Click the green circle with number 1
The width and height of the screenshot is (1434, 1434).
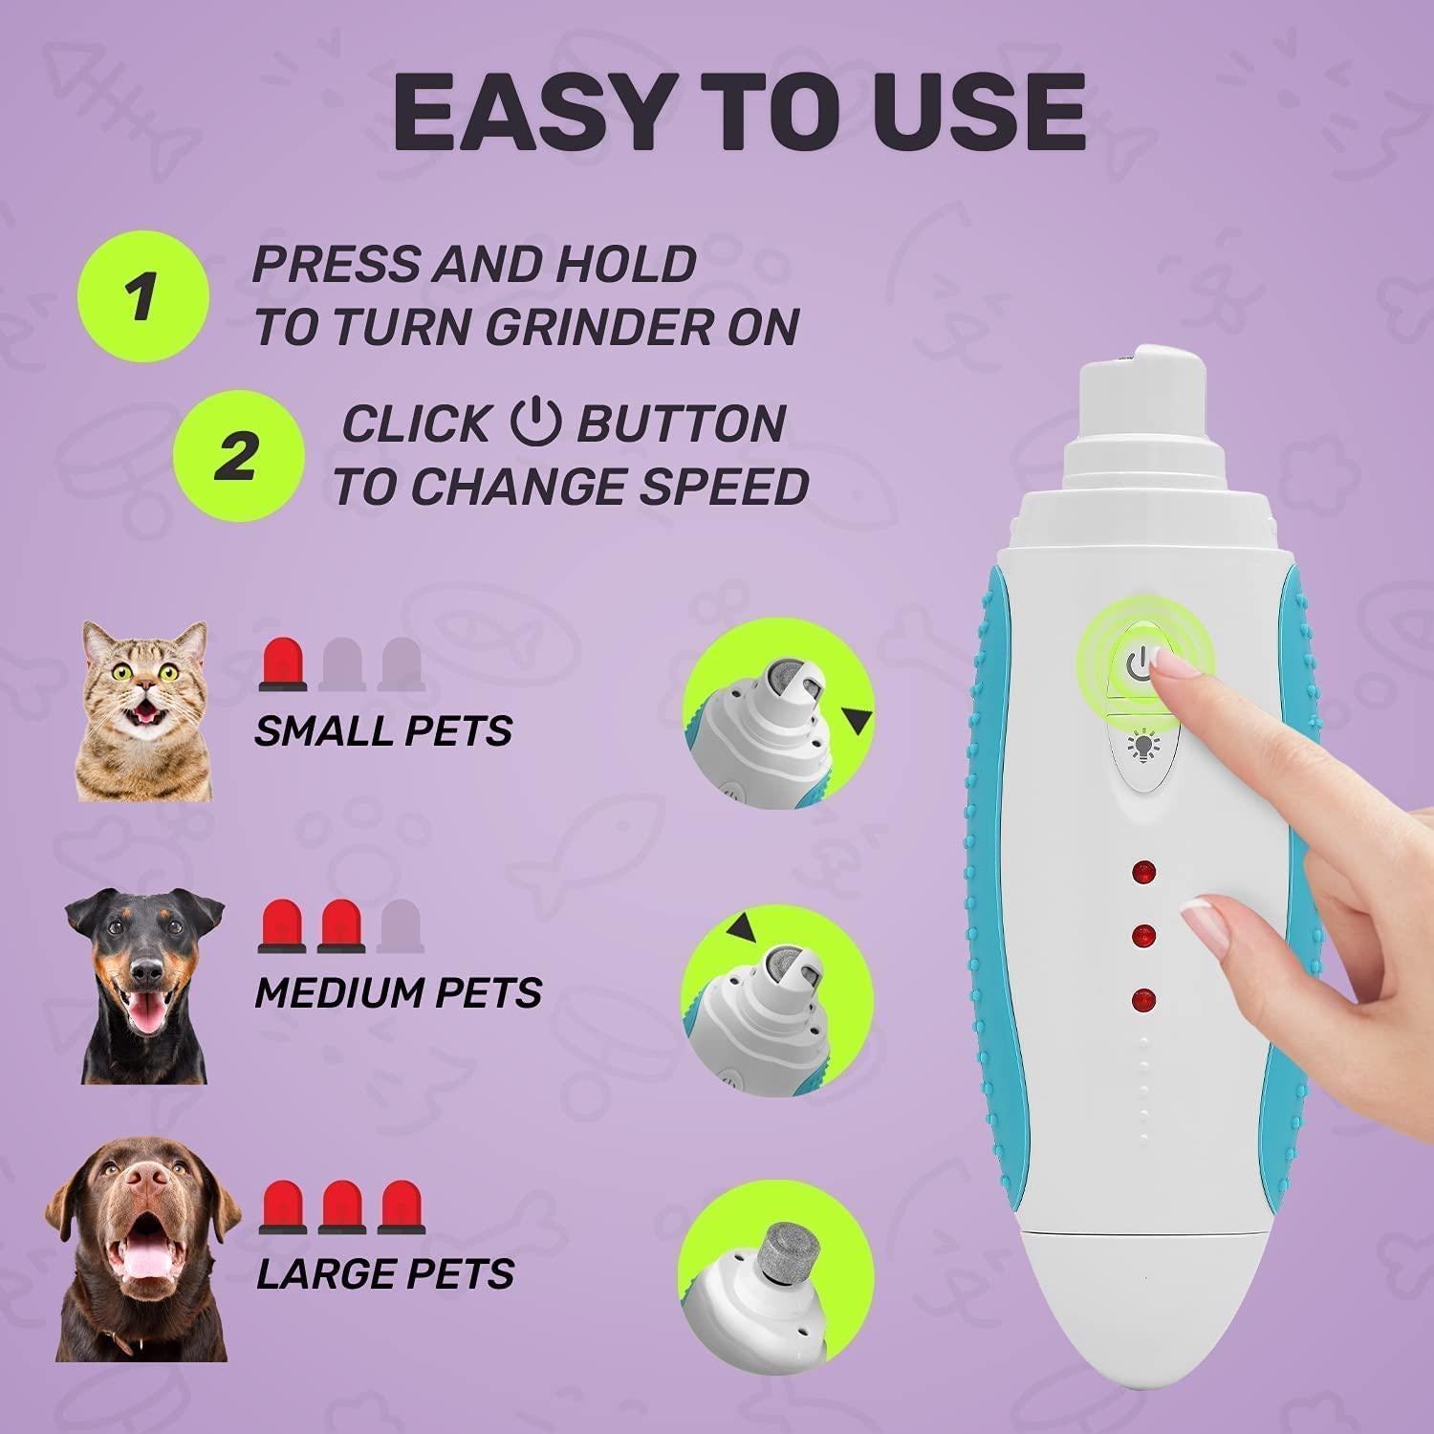pos(142,295)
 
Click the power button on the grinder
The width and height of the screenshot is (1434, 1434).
pos(1137,662)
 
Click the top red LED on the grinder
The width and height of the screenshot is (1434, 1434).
pos(1142,872)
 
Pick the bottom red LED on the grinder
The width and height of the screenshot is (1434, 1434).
pos(1142,1001)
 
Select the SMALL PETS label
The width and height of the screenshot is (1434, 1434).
pos(383,731)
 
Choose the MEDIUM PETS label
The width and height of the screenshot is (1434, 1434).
pos(398,992)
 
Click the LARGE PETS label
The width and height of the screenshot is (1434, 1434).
pos(385,1273)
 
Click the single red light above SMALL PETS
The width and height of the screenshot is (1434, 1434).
pos(283,664)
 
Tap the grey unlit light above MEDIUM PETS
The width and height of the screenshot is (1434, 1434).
pos(400,925)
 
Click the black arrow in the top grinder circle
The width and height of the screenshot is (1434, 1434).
pos(858,721)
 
